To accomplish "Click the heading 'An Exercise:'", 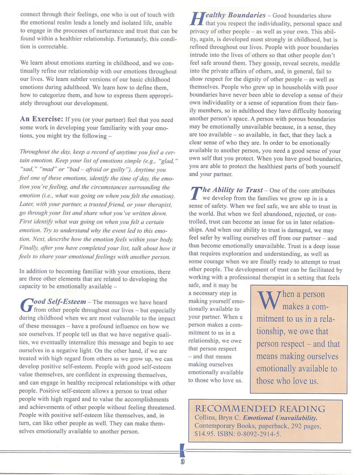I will pos(41,119).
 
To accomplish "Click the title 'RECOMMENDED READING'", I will pos(260,408).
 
